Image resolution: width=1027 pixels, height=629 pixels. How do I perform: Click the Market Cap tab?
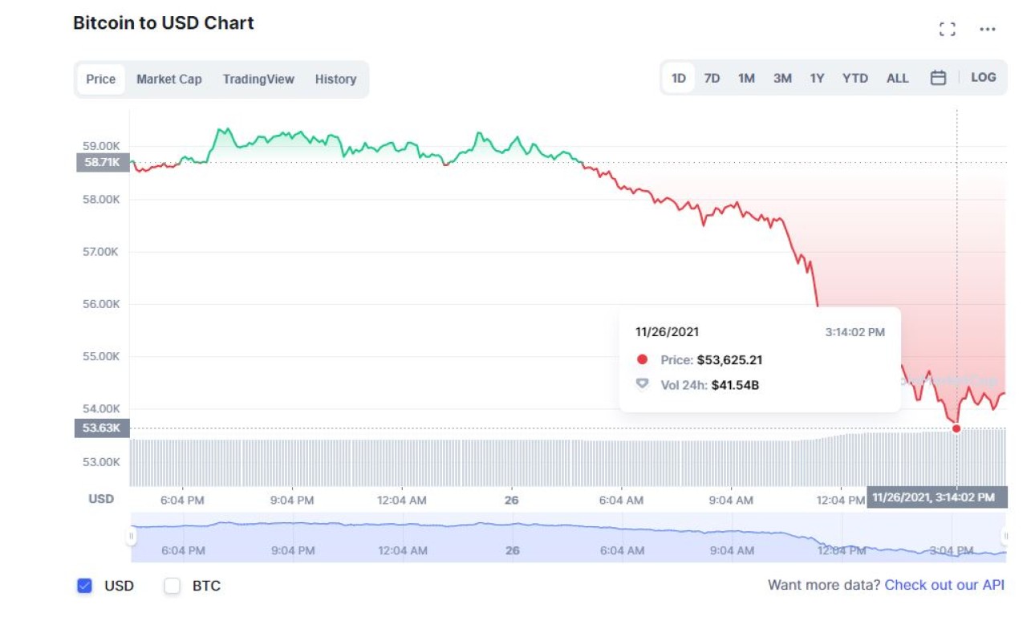click(x=168, y=79)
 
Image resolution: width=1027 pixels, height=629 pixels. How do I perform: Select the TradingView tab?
click(x=258, y=79)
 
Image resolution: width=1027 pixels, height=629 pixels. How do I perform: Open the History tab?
click(x=335, y=79)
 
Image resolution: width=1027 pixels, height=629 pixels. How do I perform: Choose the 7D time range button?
click(x=712, y=78)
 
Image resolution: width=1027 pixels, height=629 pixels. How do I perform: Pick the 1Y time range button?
click(x=817, y=78)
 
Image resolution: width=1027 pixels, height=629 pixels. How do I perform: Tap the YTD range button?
click(x=854, y=78)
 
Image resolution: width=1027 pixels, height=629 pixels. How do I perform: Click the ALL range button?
click(x=897, y=78)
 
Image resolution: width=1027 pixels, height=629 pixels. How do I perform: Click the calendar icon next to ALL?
click(x=938, y=78)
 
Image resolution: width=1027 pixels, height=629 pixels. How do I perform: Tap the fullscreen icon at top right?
click(x=947, y=30)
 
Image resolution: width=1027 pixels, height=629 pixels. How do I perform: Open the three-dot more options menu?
click(x=987, y=30)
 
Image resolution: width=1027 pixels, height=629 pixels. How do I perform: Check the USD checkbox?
click(x=84, y=586)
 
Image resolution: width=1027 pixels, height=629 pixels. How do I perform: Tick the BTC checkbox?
click(x=173, y=586)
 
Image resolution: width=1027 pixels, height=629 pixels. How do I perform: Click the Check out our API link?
click(x=944, y=585)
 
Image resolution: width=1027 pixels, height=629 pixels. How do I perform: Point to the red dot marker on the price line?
click(x=956, y=428)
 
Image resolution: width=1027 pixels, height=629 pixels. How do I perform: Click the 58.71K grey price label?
click(x=102, y=163)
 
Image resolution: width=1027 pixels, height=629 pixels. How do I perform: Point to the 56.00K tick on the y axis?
click(x=102, y=304)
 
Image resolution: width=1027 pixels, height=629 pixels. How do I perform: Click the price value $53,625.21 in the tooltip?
click(x=729, y=360)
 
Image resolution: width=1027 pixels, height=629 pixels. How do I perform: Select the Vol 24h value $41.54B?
click(x=735, y=385)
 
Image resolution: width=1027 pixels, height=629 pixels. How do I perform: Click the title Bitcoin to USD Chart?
click(x=164, y=23)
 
